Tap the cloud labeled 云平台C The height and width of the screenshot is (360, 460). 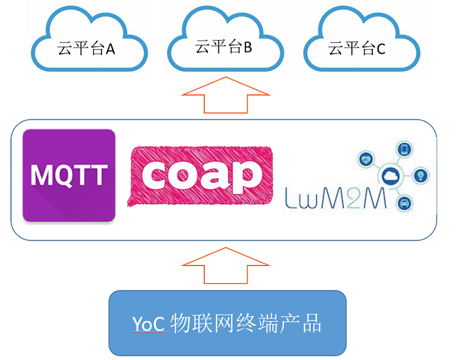pyautogui.click(x=357, y=45)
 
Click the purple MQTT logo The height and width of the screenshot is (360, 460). pyautogui.click(x=69, y=175)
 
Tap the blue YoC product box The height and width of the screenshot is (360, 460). pyautogui.click(x=227, y=323)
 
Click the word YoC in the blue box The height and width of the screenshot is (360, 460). pyautogui.click(x=148, y=323)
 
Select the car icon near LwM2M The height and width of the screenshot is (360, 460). pyautogui.click(x=403, y=202)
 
